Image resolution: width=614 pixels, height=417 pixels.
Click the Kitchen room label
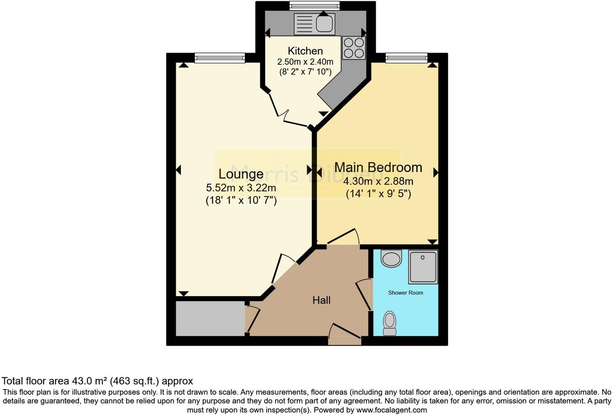305,51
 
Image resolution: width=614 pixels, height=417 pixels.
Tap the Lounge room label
241,174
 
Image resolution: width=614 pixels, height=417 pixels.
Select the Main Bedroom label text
378,167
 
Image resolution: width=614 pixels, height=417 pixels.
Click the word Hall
322,300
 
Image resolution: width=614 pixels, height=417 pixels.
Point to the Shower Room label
406,293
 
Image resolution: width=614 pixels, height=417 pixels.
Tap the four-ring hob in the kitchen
354,48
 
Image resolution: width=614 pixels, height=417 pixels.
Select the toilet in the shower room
390,323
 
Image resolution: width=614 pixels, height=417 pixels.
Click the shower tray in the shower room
423,267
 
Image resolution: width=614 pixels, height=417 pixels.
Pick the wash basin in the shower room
391,259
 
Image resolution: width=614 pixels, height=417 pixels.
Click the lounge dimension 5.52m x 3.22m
241,188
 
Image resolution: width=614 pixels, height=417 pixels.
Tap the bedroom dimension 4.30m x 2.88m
378,181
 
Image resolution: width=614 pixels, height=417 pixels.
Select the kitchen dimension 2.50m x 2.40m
305,62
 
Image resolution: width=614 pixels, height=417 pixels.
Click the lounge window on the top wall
220,58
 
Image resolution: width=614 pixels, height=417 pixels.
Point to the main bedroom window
406,58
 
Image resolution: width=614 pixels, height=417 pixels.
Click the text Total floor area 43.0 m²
97,381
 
